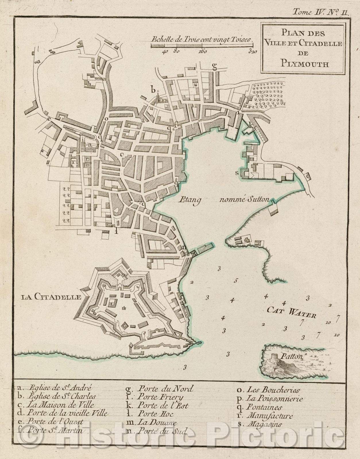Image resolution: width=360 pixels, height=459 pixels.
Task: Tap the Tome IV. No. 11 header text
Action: click(x=320, y=12)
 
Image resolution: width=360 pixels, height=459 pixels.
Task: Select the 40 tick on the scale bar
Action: click(x=165, y=52)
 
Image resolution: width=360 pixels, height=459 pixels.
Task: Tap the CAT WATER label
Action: click(x=292, y=313)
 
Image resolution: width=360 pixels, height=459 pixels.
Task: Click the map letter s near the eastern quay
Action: click(x=237, y=173)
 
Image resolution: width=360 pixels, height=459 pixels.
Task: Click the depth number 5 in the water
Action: click(x=236, y=281)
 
